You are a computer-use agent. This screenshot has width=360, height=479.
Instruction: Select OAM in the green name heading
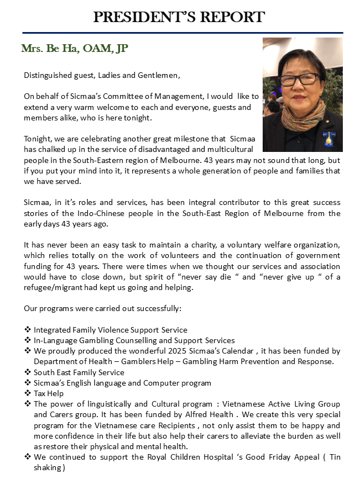pos(97,49)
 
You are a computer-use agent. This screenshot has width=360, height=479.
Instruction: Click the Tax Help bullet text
pos(49,393)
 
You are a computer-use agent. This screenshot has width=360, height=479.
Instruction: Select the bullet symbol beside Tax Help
pos(28,393)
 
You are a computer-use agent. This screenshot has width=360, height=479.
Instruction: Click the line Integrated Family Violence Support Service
pos(111,330)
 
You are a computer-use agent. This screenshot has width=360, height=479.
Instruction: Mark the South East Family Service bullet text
pos(79,372)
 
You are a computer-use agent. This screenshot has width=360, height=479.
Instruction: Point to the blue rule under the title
pos(180,32)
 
